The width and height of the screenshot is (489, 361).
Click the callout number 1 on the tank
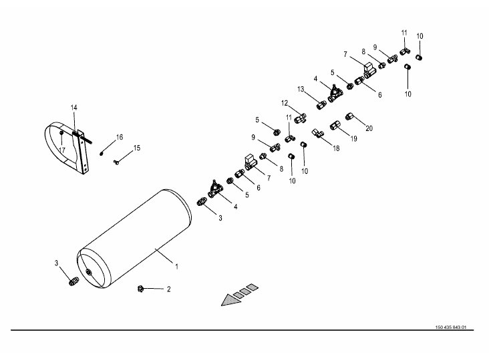tap(176, 267)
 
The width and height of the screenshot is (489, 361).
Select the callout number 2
tap(169, 289)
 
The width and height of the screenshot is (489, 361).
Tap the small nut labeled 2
tap(141, 289)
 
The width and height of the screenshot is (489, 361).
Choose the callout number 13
tap(301, 89)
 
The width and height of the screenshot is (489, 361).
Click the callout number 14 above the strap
tap(74, 107)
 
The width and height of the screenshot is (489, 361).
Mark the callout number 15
tap(137, 148)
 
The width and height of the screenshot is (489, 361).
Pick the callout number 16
tap(120, 137)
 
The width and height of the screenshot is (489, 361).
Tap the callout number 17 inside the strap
tap(61, 150)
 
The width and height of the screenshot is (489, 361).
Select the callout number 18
tap(336, 148)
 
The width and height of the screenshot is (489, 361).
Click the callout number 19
tap(354, 139)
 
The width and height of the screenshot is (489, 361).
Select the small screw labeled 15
tap(117, 161)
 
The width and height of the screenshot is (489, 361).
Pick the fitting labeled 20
tap(349, 118)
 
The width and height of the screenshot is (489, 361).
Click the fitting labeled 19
tap(335, 125)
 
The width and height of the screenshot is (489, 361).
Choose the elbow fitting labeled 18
tap(318, 132)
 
